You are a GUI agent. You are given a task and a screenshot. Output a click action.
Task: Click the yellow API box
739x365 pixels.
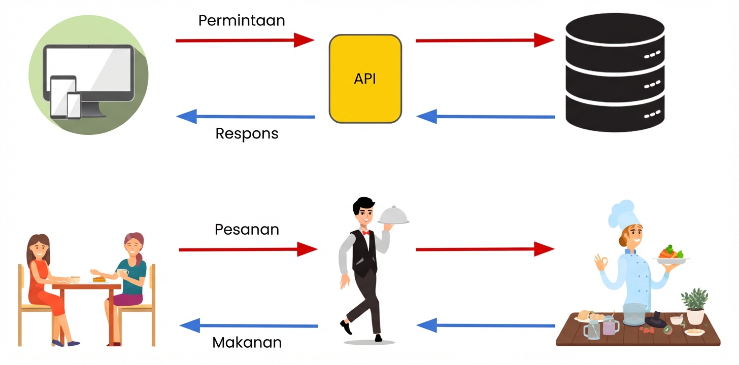point(365,79)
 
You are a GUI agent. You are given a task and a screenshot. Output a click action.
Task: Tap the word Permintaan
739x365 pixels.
point(241,21)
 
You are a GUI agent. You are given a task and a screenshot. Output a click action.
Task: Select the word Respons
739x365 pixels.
point(247,133)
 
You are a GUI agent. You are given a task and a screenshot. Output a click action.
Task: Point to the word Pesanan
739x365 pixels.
point(247,229)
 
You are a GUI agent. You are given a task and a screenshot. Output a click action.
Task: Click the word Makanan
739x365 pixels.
point(247,342)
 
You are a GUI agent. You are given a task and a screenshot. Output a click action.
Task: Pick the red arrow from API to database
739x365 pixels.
point(484,40)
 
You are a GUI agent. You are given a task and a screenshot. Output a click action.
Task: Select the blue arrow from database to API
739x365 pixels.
point(485,117)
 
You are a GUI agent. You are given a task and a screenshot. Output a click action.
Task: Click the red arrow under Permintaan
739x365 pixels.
point(245,40)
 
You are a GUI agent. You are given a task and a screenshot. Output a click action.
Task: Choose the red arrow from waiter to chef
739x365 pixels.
point(484,248)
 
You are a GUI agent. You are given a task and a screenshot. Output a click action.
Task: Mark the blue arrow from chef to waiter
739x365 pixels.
point(485,325)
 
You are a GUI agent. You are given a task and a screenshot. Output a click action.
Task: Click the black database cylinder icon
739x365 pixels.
point(615,72)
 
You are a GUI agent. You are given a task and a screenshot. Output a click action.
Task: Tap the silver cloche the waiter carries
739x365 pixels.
point(393,215)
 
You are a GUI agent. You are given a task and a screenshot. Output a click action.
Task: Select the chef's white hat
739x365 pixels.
point(622,213)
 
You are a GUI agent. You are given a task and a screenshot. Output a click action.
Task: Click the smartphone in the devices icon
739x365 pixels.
point(74,105)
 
